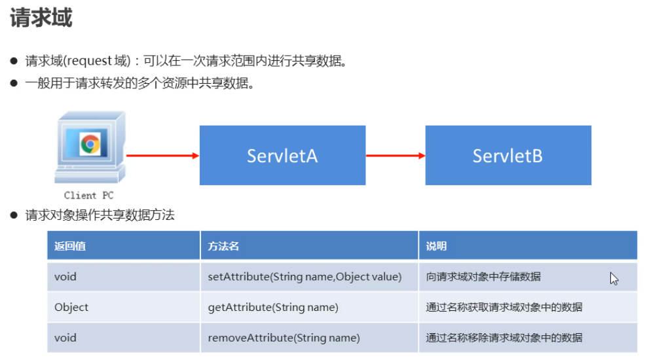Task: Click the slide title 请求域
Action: point(41,18)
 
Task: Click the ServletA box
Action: point(282,156)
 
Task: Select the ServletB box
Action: point(508,156)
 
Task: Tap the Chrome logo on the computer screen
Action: point(90,144)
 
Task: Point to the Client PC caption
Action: point(89,195)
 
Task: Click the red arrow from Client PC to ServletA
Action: point(162,156)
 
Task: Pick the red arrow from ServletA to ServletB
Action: point(395,156)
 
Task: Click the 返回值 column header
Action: point(70,246)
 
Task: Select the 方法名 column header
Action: point(223,246)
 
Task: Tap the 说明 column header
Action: point(436,246)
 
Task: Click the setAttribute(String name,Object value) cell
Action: point(304,277)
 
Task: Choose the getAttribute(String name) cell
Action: point(272,307)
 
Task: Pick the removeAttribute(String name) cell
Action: point(284,338)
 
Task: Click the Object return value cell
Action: point(71,307)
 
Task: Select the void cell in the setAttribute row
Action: point(65,277)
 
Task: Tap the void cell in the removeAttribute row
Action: point(65,338)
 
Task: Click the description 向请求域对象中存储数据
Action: point(483,277)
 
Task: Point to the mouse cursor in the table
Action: point(614,279)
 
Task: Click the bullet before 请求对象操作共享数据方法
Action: point(13,215)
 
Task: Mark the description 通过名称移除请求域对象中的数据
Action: point(504,338)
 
